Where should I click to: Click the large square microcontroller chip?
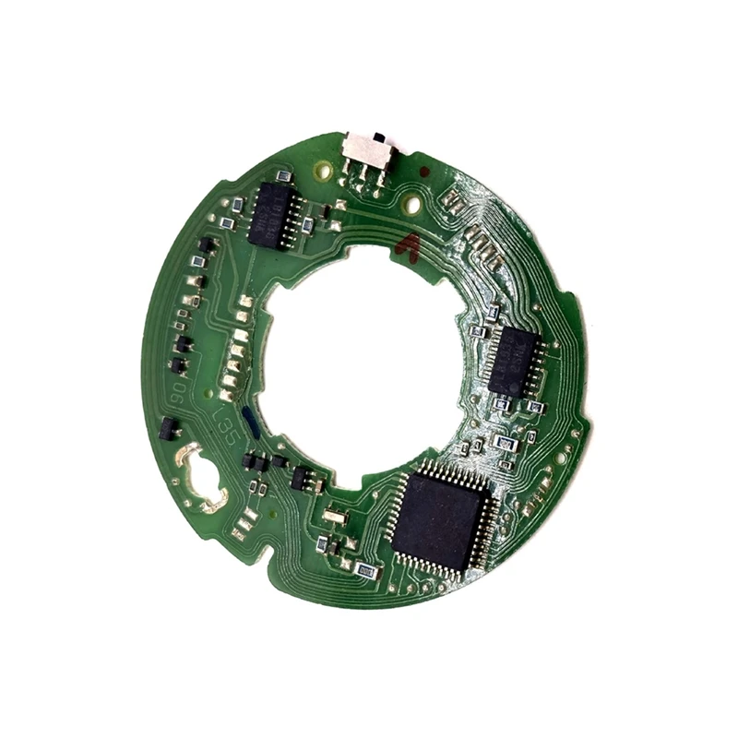pyautogui.click(x=439, y=519)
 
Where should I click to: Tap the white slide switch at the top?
pyautogui.click(x=368, y=149)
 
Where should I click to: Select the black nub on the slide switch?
pyautogui.click(x=377, y=139)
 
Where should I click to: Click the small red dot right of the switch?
pyautogui.click(x=423, y=173)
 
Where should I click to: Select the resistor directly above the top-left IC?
pyautogui.click(x=284, y=175)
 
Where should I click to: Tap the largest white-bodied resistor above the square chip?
pyautogui.click(x=504, y=443)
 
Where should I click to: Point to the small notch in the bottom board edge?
pyautogui.click(x=268, y=555)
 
